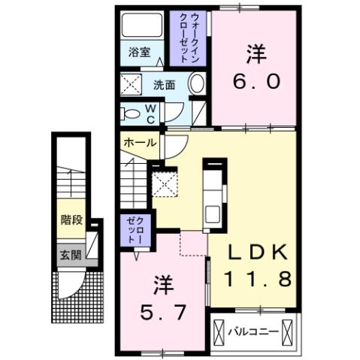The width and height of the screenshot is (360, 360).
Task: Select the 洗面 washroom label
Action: click(165, 85)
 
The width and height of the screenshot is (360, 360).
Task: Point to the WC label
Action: click(150, 114)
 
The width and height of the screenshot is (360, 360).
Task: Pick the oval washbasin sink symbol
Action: click(197, 83)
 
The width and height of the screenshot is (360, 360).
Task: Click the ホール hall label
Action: click(140, 142)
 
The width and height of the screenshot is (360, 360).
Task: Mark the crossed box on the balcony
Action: click(219, 332)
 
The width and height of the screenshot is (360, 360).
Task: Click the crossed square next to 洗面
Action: click(133, 84)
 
